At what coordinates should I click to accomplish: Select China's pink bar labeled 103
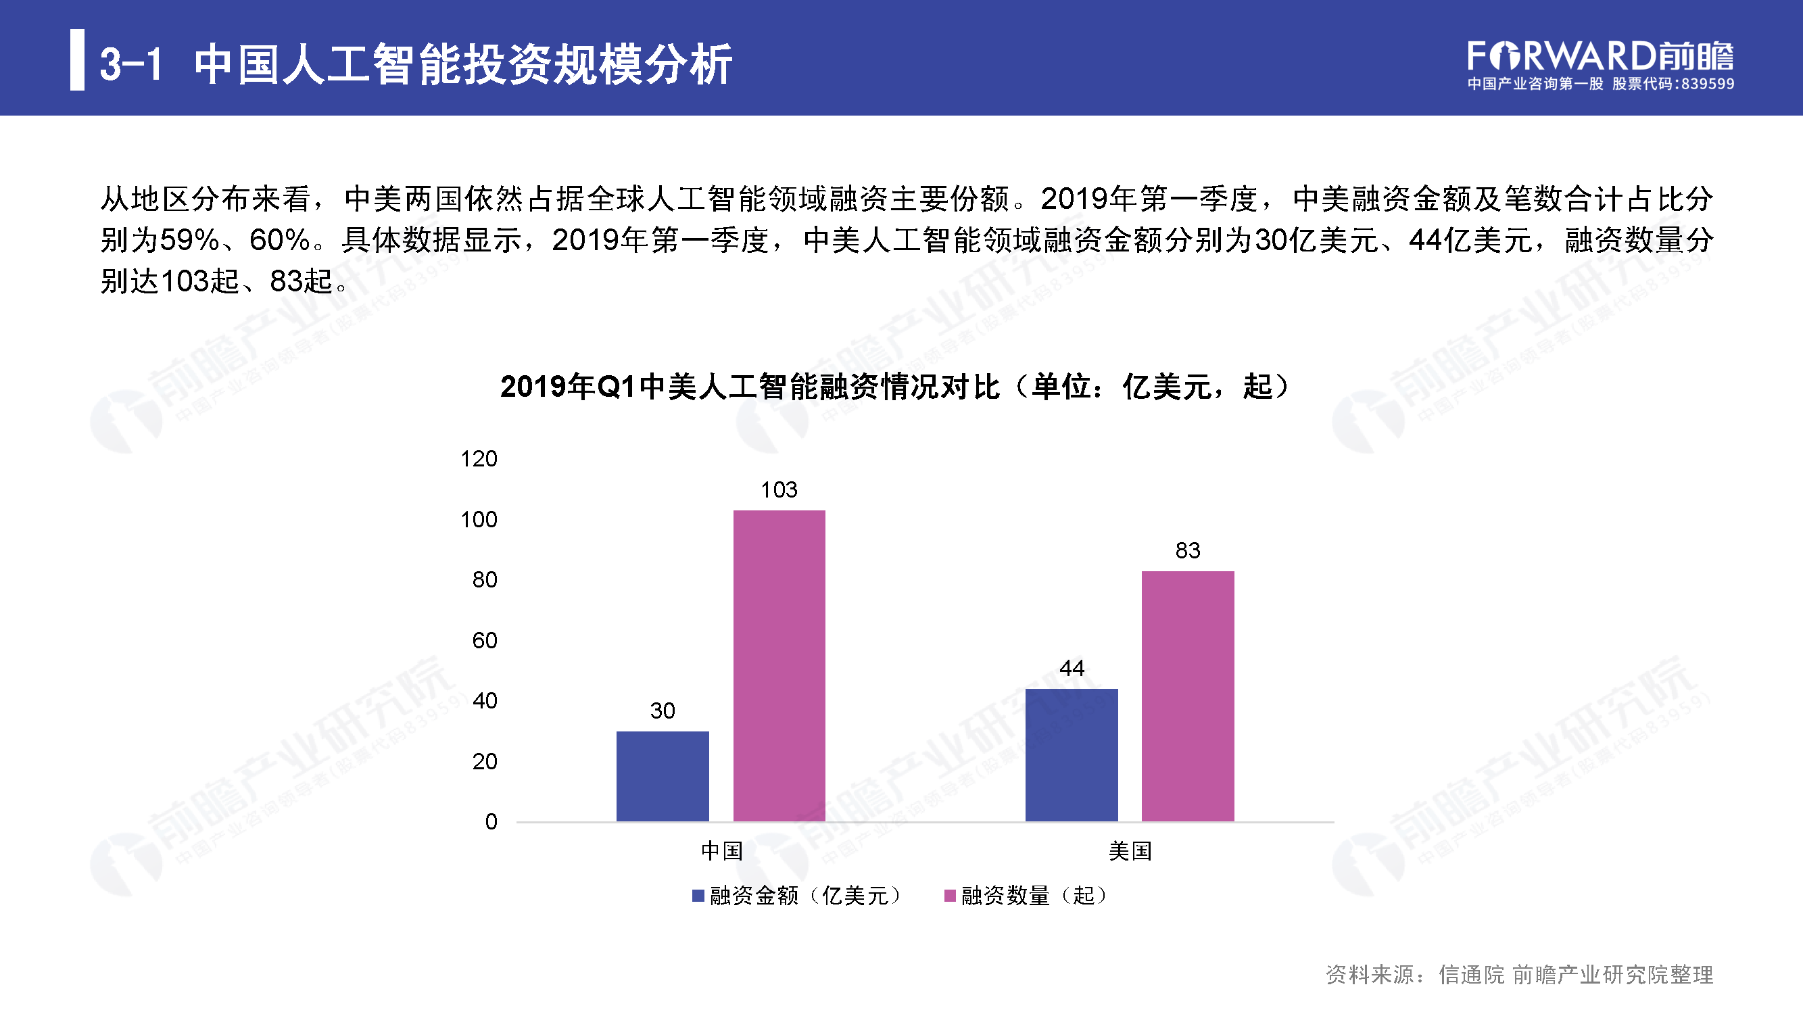point(779,665)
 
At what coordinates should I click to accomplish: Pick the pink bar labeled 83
point(1188,696)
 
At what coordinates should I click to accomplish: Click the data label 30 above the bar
point(662,711)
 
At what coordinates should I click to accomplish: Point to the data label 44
point(1072,669)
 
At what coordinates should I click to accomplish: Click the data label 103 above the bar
point(779,490)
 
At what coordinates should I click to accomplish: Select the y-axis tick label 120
point(479,459)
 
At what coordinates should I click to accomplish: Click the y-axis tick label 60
point(484,640)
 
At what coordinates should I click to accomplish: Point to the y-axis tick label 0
point(491,821)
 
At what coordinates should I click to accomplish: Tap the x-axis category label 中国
point(721,851)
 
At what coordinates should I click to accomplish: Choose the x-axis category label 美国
point(1130,851)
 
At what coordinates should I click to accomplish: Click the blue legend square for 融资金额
point(698,896)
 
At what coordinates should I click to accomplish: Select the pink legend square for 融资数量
point(950,896)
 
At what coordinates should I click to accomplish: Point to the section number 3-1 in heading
point(131,64)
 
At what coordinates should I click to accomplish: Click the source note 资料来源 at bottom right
point(1519,974)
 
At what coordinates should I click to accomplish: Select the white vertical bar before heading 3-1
point(77,59)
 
